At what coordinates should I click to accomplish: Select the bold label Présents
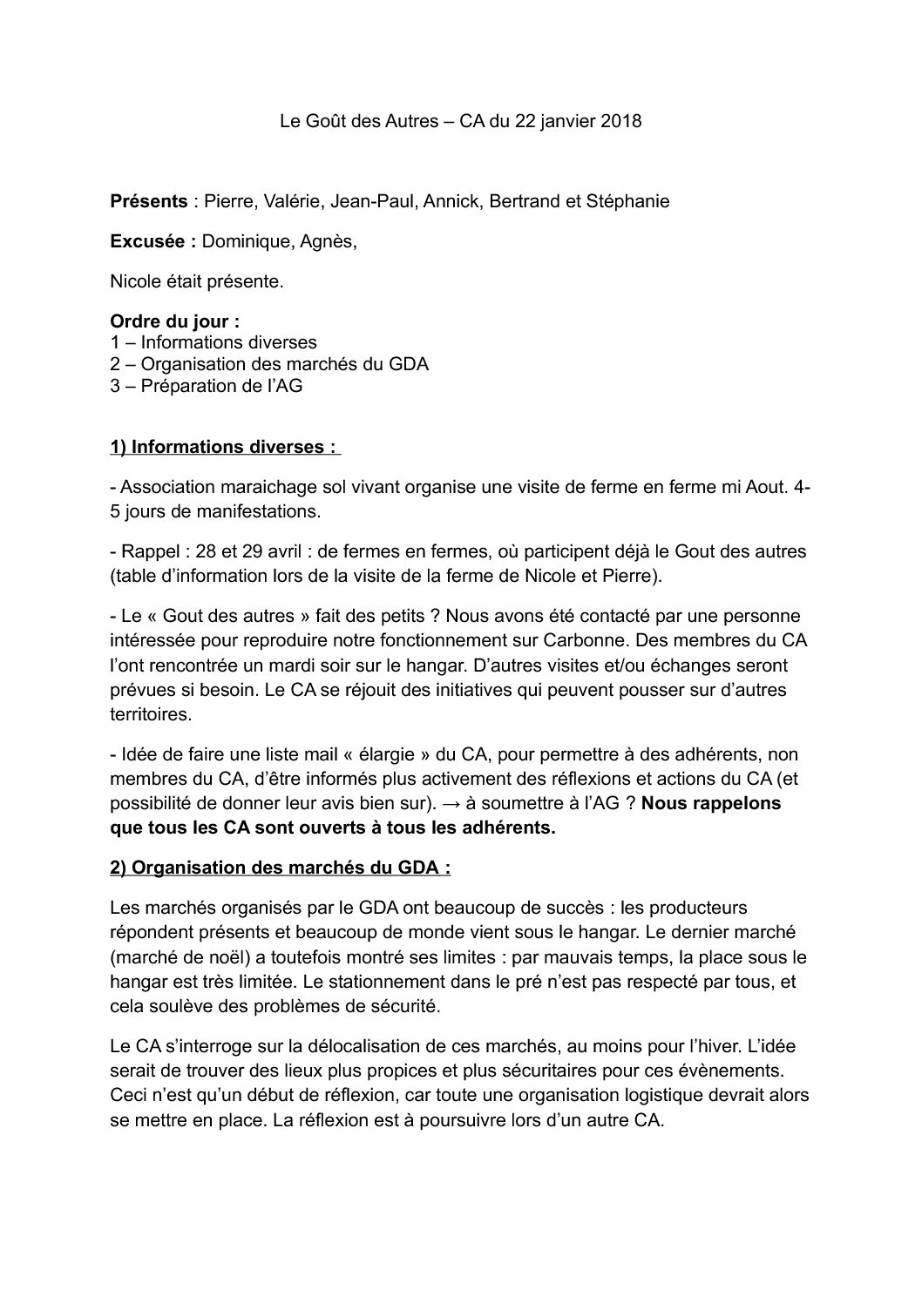pos(148,201)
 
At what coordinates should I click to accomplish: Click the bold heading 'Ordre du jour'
pos(174,322)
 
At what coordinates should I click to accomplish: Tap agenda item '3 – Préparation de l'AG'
pos(207,385)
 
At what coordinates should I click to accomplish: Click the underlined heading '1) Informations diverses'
pos(223,447)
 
